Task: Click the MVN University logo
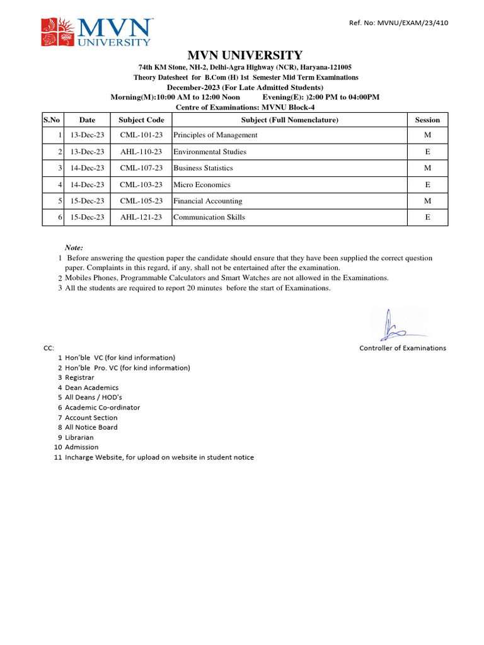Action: pyautogui.click(x=96, y=32)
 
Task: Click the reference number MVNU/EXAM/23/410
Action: pyautogui.click(x=398, y=23)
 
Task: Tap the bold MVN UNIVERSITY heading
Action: pyautogui.click(x=245, y=55)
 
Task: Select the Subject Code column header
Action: pyautogui.click(x=141, y=120)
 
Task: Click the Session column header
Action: pyautogui.click(x=427, y=120)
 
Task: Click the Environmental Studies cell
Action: pyautogui.click(x=210, y=152)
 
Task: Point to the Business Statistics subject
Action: pyautogui.click(x=203, y=168)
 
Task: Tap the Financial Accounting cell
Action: pyautogui.click(x=207, y=201)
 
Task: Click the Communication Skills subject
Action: pyautogui.click(x=209, y=217)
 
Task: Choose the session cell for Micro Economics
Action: pyautogui.click(x=427, y=185)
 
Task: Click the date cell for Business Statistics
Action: pyautogui.click(x=87, y=168)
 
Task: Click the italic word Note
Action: pyautogui.click(x=74, y=248)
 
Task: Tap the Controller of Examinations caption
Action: pyautogui.click(x=402, y=348)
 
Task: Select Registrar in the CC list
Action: pyautogui.click(x=79, y=377)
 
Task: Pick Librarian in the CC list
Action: pyautogui.click(x=79, y=437)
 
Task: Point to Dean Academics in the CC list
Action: pyautogui.click(x=91, y=387)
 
